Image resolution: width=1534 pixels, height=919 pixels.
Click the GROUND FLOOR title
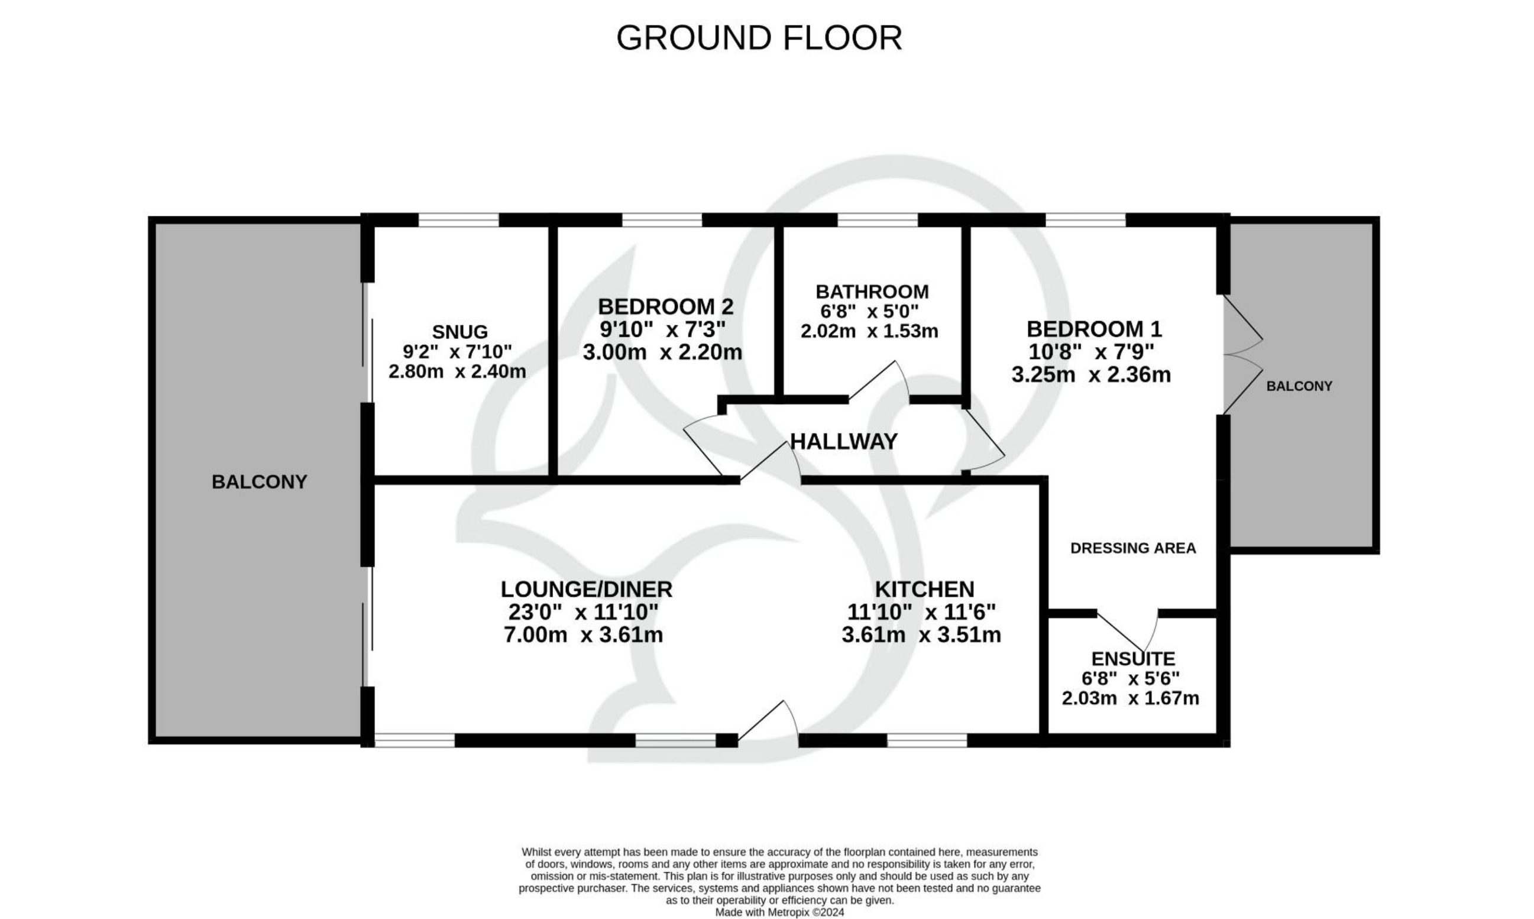tap(759, 38)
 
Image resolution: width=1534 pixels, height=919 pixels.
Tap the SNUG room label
tap(459, 332)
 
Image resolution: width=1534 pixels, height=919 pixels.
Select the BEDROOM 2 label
tap(665, 306)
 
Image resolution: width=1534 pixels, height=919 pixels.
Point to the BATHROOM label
tap(872, 291)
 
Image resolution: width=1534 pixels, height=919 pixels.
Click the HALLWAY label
tap(843, 442)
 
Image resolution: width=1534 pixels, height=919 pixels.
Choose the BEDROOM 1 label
tap(1094, 328)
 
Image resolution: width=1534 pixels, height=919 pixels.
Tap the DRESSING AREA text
tap(1132, 548)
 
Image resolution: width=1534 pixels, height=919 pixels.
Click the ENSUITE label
tap(1132, 658)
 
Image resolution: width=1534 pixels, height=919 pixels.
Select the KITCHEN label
tap(925, 589)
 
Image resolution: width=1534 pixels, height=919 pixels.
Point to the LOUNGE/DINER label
tap(587, 589)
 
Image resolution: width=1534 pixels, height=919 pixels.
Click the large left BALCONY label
tap(260, 482)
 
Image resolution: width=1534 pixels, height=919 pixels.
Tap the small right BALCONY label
tap(1299, 386)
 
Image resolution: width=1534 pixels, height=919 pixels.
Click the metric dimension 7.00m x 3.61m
tap(583, 635)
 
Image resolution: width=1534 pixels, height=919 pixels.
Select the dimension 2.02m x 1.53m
tap(869, 331)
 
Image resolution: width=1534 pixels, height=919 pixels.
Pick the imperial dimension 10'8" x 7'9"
tap(1091, 352)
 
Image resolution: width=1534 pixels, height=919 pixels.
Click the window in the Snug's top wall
tap(458, 220)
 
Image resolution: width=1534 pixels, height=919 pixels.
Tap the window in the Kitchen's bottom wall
tap(927, 740)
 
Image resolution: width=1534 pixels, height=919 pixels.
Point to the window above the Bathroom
tap(878, 220)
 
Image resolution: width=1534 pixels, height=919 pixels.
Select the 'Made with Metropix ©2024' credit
tap(779, 912)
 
